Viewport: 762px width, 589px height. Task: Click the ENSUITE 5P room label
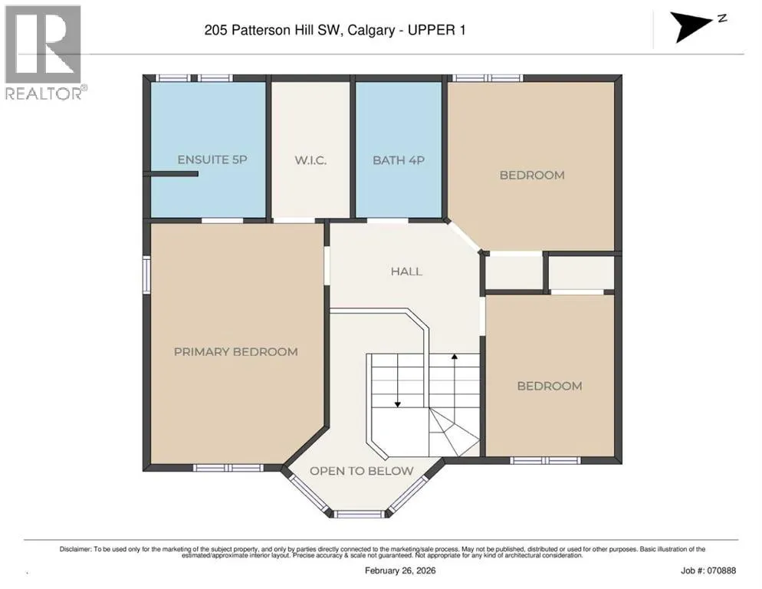coord(212,160)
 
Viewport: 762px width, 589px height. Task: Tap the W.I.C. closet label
coord(310,160)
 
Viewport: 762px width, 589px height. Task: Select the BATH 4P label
coord(399,160)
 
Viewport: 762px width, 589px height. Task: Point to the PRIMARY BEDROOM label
coord(235,352)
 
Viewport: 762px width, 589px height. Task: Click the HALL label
coord(406,271)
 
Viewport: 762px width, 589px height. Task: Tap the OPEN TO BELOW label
coord(362,471)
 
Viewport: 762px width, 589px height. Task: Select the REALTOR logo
coord(43,52)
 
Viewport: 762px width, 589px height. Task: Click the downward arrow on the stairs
coord(398,380)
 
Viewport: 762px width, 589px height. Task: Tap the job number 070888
coord(722,571)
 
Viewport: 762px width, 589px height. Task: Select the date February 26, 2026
coord(400,571)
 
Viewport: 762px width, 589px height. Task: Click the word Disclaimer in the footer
coord(75,549)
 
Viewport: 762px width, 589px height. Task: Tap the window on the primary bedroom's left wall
coord(146,275)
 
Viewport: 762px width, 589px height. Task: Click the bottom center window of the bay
coord(360,513)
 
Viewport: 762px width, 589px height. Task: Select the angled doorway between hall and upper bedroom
coord(465,237)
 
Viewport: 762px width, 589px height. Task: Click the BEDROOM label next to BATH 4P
coord(532,175)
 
